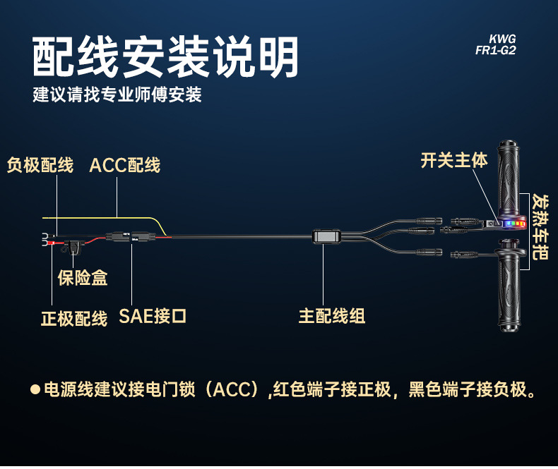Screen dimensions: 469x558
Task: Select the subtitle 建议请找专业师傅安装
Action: (x=117, y=95)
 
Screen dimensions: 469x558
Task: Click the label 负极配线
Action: (x=40, y=166)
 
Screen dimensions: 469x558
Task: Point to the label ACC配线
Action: (x=125, y=166)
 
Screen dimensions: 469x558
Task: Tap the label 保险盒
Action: (x=83, y=278)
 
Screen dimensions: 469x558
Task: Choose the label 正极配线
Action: (x=73, y=318)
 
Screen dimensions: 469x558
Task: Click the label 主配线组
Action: (x=332, y=315)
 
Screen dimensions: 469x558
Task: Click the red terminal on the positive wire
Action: (x=52, y=243)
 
